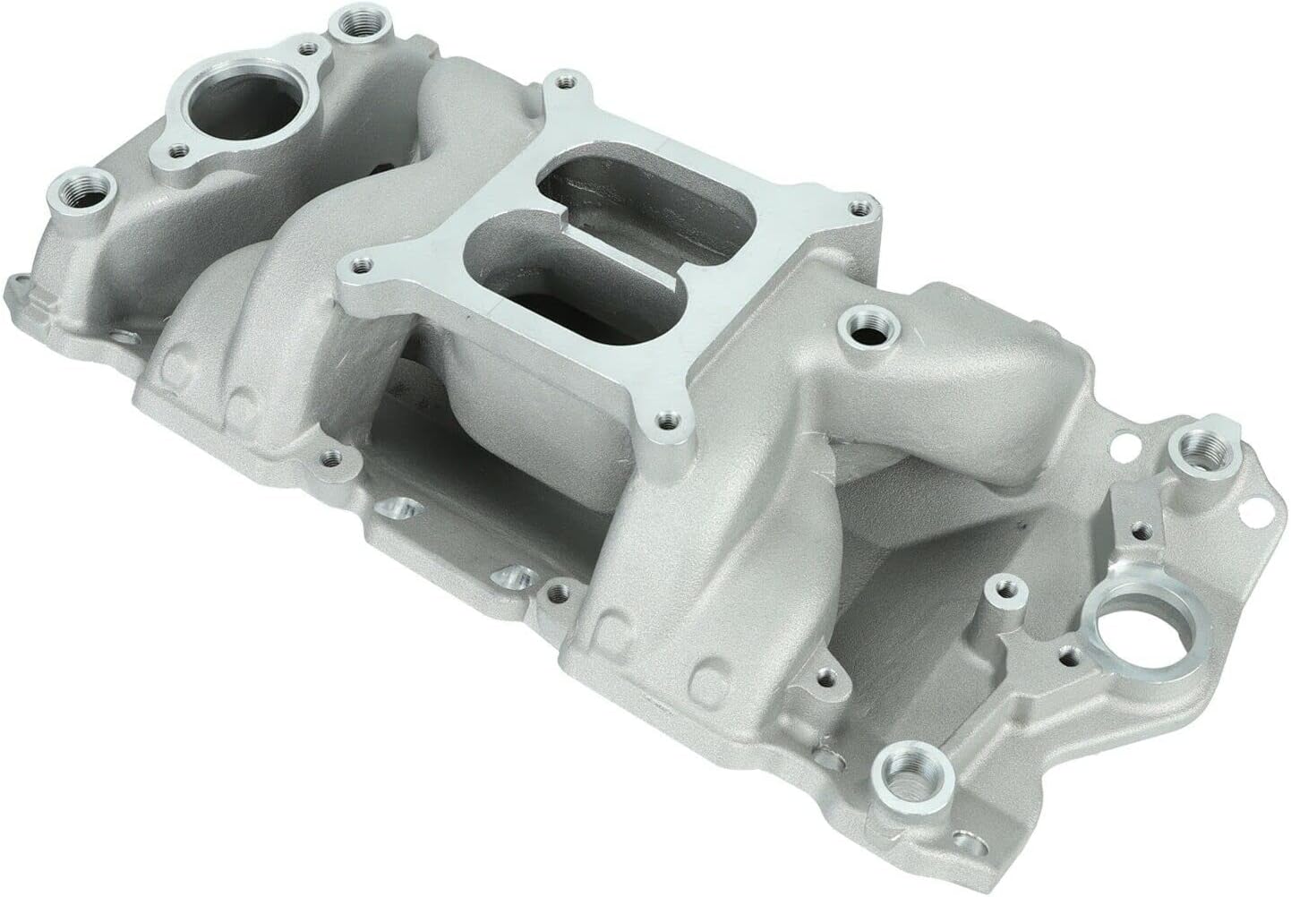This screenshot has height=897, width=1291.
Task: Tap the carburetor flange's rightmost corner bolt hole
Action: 860,209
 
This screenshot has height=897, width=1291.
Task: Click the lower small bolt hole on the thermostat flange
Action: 179,150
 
